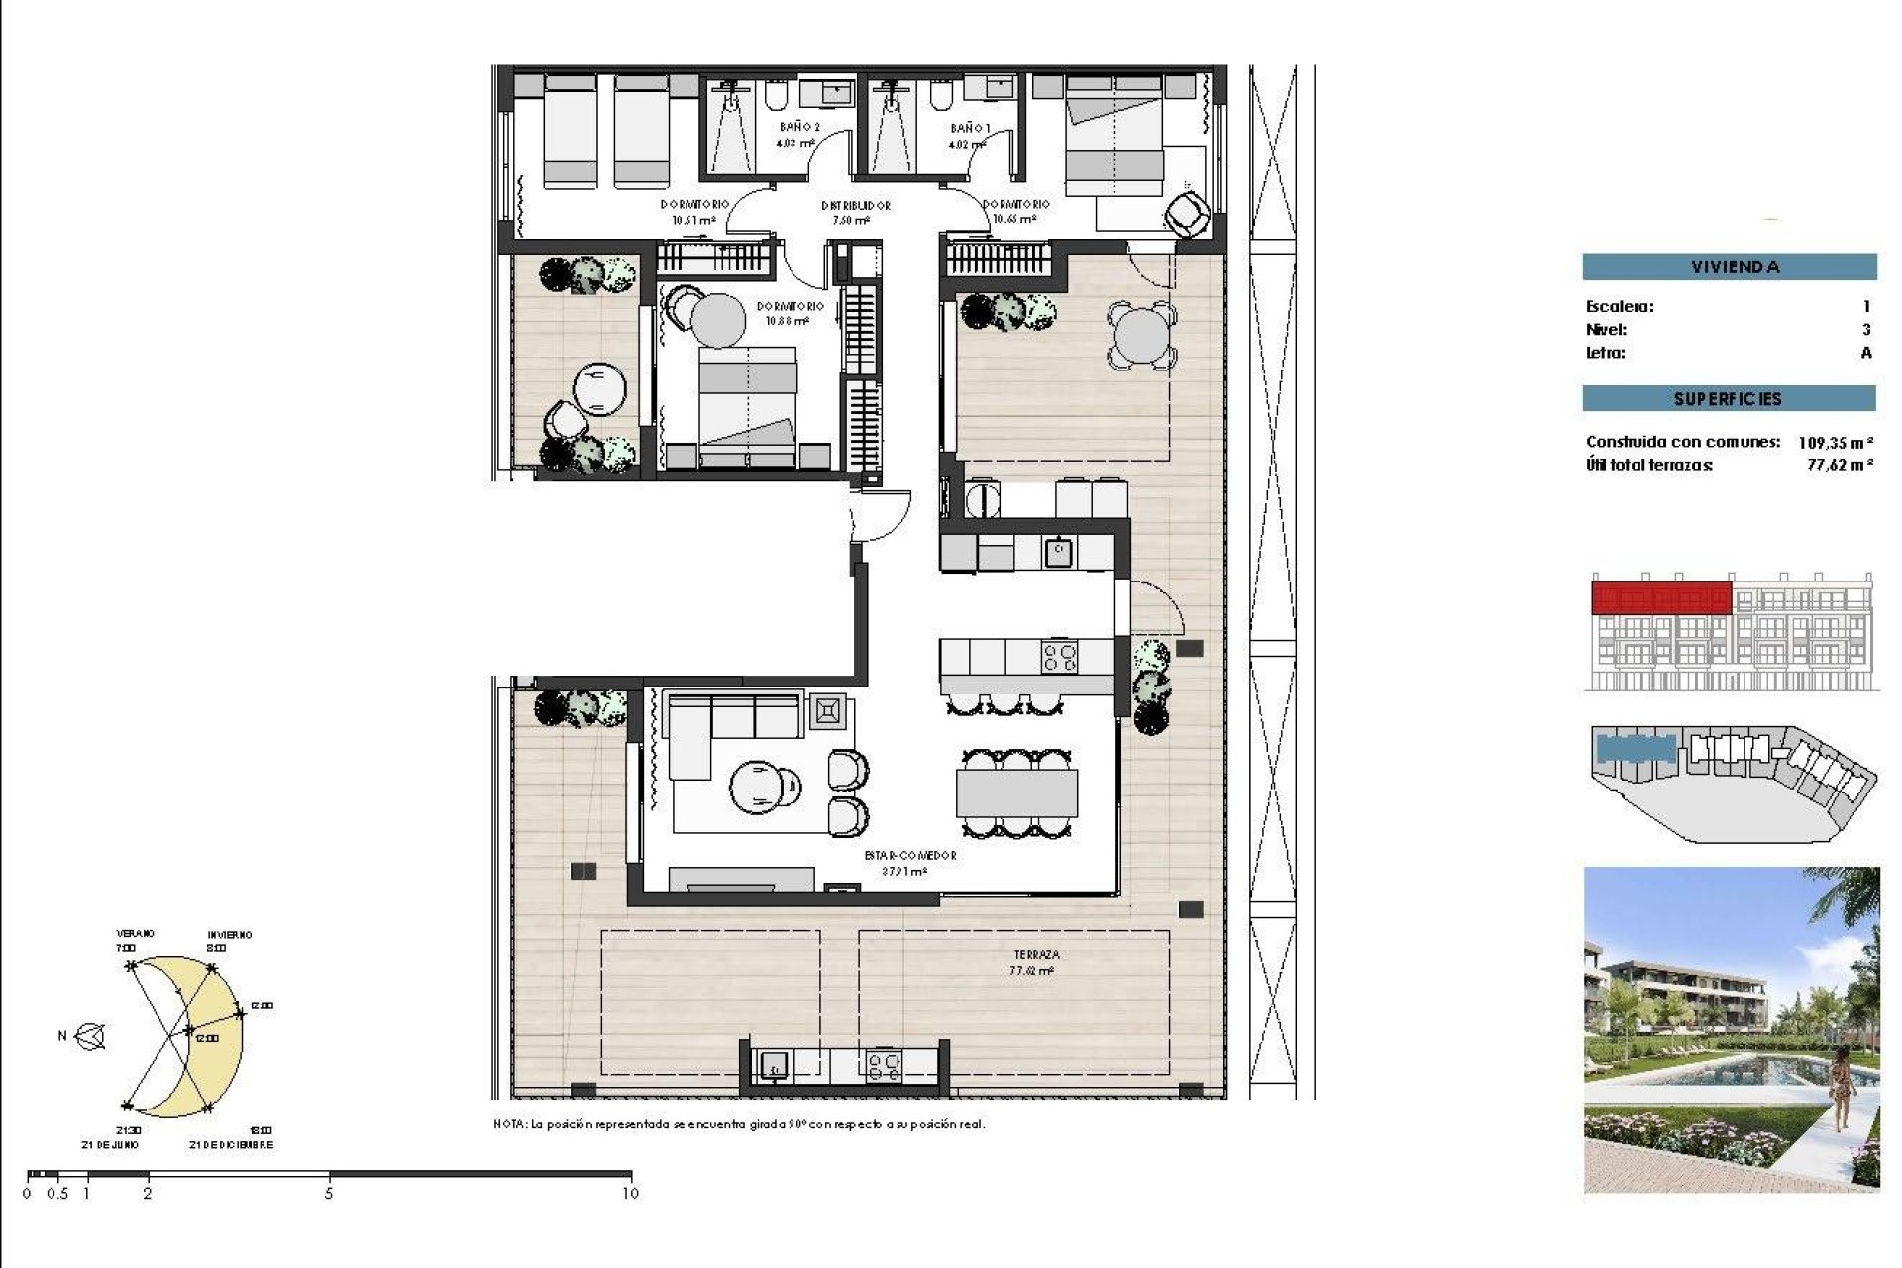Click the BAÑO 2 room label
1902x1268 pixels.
tap(798, 128)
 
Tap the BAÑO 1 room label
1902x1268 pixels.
tap(969, 129)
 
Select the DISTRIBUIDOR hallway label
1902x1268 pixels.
tap(855, 206)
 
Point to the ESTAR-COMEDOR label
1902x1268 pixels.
tap(909, 856)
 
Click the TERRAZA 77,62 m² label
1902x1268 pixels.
tap(1035, 962)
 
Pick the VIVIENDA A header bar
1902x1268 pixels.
tap(1729, 266)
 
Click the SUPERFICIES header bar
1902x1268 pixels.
tap(1729, 399)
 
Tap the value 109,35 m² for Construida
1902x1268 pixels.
tap(1835, 443)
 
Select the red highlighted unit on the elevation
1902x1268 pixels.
tap(1661, 598)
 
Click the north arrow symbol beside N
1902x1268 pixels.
tap(91, 1037)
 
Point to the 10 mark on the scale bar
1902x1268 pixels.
tap(631, 1193)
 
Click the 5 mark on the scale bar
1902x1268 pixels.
tap(329, 1193)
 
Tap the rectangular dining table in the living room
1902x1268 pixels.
tap(1016, 793)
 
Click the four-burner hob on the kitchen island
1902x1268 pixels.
tap(1059, 657)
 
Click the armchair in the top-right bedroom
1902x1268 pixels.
tap(1187, 213)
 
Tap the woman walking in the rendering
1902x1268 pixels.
tap(1842, 1090)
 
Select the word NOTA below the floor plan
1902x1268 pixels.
tap(509, 1125)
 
